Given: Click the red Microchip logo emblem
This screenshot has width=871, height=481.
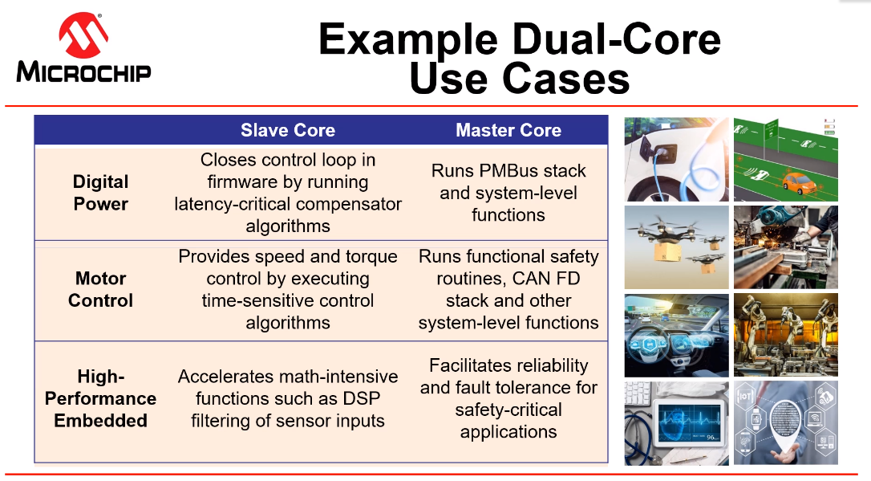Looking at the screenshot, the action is click(x=83, y=35).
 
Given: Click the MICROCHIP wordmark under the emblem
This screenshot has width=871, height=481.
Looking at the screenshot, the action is click(x=83, y=72).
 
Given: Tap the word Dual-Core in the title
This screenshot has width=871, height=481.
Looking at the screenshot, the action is click(x=616, y=39).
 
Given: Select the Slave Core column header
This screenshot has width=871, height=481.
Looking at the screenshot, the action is click(x=288, y=130).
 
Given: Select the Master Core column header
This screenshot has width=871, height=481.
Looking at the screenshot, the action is click(x=508, y=130).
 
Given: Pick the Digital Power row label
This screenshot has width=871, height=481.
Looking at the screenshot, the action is click(x=100, y=193).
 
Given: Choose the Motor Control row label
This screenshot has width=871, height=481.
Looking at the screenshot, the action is click(x=100, y=289).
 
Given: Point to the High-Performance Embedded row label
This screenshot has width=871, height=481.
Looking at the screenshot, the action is click(x=100, y=399).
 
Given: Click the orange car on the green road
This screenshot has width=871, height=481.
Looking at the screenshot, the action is click(x=800, y=182).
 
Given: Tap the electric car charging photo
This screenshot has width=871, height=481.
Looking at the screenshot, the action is click(x=677, y=160).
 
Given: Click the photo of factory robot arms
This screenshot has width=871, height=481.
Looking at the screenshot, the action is click(x=785, y=336).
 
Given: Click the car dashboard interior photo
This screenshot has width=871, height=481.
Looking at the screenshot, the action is click(x=677, y=336).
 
